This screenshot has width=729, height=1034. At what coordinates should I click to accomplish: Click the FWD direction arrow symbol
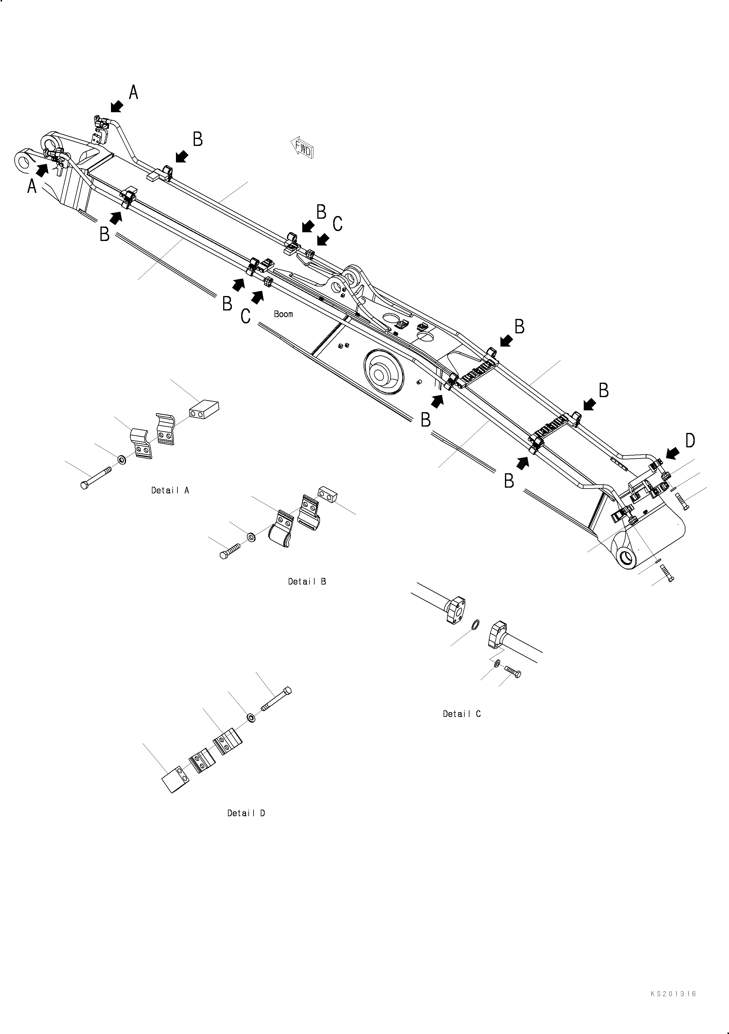pyautogui.click(x=302, y=147)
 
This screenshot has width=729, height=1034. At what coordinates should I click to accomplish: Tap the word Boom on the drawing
pyautogui.click(x=283, y=314)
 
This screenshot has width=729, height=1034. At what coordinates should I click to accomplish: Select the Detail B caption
pyautogui.click(x=307, y=582)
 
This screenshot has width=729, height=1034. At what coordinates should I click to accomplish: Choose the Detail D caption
pyautogui.click(x=246, y=813)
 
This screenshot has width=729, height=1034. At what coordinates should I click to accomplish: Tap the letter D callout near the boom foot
pyautogui.click(x=690, y=441)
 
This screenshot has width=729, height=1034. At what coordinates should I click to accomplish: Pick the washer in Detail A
pyautogui.click(x=121, y=459)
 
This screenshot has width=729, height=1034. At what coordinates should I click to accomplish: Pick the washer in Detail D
pyautogui.click(x=251, y=717)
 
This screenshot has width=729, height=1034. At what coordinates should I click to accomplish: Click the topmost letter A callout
pyautogui.click(x=133, y=92)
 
